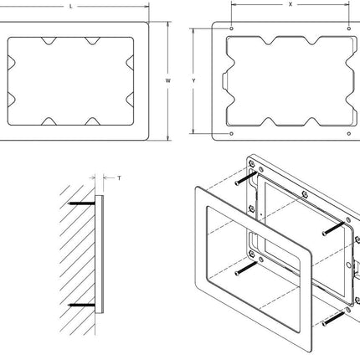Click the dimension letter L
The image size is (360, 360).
70,6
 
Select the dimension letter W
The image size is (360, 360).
168,80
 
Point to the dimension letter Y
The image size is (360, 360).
194,80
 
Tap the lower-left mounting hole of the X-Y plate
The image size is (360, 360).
230,131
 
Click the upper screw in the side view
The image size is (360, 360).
82,203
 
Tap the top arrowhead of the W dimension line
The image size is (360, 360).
168,23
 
